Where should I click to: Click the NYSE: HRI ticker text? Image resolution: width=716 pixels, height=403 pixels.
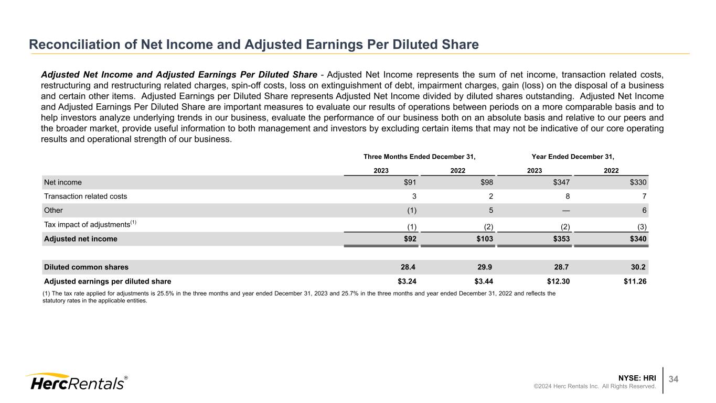(637, 377)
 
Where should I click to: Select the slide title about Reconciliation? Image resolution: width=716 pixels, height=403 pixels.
(254, 45)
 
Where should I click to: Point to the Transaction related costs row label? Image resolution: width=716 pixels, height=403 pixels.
(86, 197)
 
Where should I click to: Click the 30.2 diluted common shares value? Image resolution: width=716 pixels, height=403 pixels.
(639, 267)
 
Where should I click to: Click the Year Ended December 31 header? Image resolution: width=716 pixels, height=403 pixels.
(572, 157)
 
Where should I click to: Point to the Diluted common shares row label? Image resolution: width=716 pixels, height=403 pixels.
(86, 267)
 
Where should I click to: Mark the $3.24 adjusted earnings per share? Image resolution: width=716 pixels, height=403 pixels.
(407, 281)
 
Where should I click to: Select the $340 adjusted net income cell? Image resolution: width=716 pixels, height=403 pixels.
(636, 239)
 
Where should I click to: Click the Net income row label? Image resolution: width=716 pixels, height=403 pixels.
(63, 182)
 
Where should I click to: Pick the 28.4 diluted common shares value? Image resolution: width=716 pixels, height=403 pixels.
(410, 267)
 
